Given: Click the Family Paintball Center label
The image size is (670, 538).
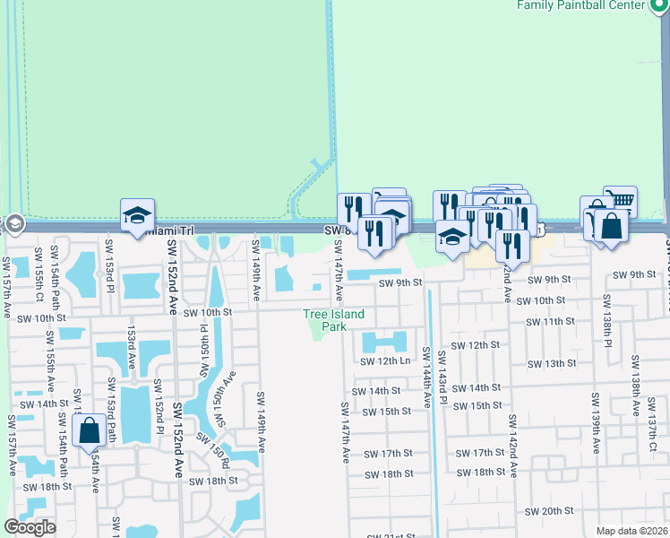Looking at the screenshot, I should tap(593, 5).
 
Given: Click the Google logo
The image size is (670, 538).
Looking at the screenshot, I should tap(30, 527).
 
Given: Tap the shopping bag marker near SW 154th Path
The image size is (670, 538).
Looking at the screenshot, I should tap(90, 431).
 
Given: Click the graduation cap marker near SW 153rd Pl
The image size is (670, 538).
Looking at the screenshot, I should tap(137, 215).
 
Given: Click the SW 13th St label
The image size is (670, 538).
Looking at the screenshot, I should tap(552, 363).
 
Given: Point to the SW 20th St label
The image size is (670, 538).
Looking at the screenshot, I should tap(549, 511).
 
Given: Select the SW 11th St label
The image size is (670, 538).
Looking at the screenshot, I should tap(552, 321).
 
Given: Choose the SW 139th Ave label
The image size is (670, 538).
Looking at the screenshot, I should tap(595, 418).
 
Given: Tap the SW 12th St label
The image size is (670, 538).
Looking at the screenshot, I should tap(474, 345).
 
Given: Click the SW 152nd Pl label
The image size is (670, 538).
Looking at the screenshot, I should tap(158, 405).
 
